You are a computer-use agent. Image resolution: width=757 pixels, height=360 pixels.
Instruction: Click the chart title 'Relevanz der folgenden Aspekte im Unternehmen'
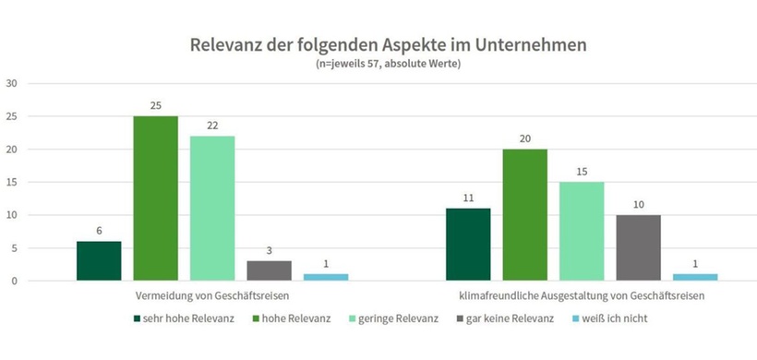pyautogui.click(x=389, y=45)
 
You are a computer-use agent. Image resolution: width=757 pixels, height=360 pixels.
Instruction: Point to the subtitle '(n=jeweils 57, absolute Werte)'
pyautogui.click(x=389, y=64)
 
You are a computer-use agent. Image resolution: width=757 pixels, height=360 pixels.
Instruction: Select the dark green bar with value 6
pyautogui.click(x=99, y=261)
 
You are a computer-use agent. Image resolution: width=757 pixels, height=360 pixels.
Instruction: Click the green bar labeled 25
pyautogui.click(x=156, y=198)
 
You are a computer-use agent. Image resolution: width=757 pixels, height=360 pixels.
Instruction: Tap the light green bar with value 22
pyautogui.click(x=212, y=209)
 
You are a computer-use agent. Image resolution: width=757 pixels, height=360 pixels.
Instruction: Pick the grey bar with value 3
pyautogui.click(x=269, y=270)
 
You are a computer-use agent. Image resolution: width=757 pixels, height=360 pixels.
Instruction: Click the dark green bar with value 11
pyautogui.click(x=468, y=245)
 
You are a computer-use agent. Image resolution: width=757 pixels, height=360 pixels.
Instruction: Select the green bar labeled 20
pyautogui.click(x=525, y=215)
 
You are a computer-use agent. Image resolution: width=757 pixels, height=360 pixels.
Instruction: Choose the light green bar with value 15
pyautogui.click(x=582, y=232)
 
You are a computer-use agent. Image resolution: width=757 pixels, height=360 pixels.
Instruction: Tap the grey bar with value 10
pyautogui.click(x=639, y=248)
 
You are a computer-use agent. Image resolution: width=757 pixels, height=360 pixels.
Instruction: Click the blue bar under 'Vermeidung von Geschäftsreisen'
pyautogui.click(x=326, y=277)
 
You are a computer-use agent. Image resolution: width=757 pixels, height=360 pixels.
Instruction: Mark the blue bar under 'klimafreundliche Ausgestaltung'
pyautogui.click(x=695, y=277)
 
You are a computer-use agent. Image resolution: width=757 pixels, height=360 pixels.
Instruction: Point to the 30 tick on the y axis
pyautogui.click(x=12, y=84)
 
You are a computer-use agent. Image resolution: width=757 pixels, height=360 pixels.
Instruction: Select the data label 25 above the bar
pyautogui.click(x=156, y=106)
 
